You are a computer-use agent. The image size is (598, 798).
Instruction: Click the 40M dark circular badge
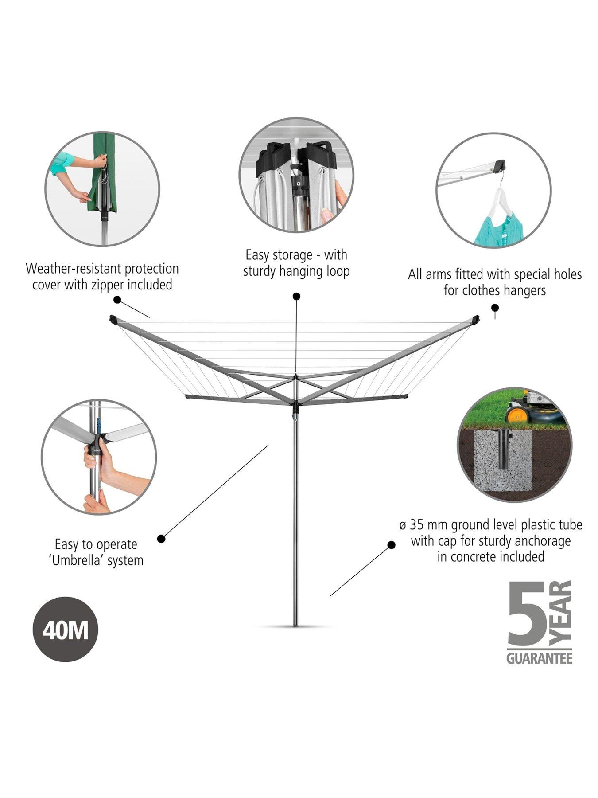66,629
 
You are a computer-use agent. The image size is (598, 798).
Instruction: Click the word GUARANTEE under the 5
539,659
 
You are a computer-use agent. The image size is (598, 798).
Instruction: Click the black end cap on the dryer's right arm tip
476,318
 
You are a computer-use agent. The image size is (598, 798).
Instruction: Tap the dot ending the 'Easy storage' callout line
296,296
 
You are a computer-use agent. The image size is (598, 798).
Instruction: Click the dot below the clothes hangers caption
495,308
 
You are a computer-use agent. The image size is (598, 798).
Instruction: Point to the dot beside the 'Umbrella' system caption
161,539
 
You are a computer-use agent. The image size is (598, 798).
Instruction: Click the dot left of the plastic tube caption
391,545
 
